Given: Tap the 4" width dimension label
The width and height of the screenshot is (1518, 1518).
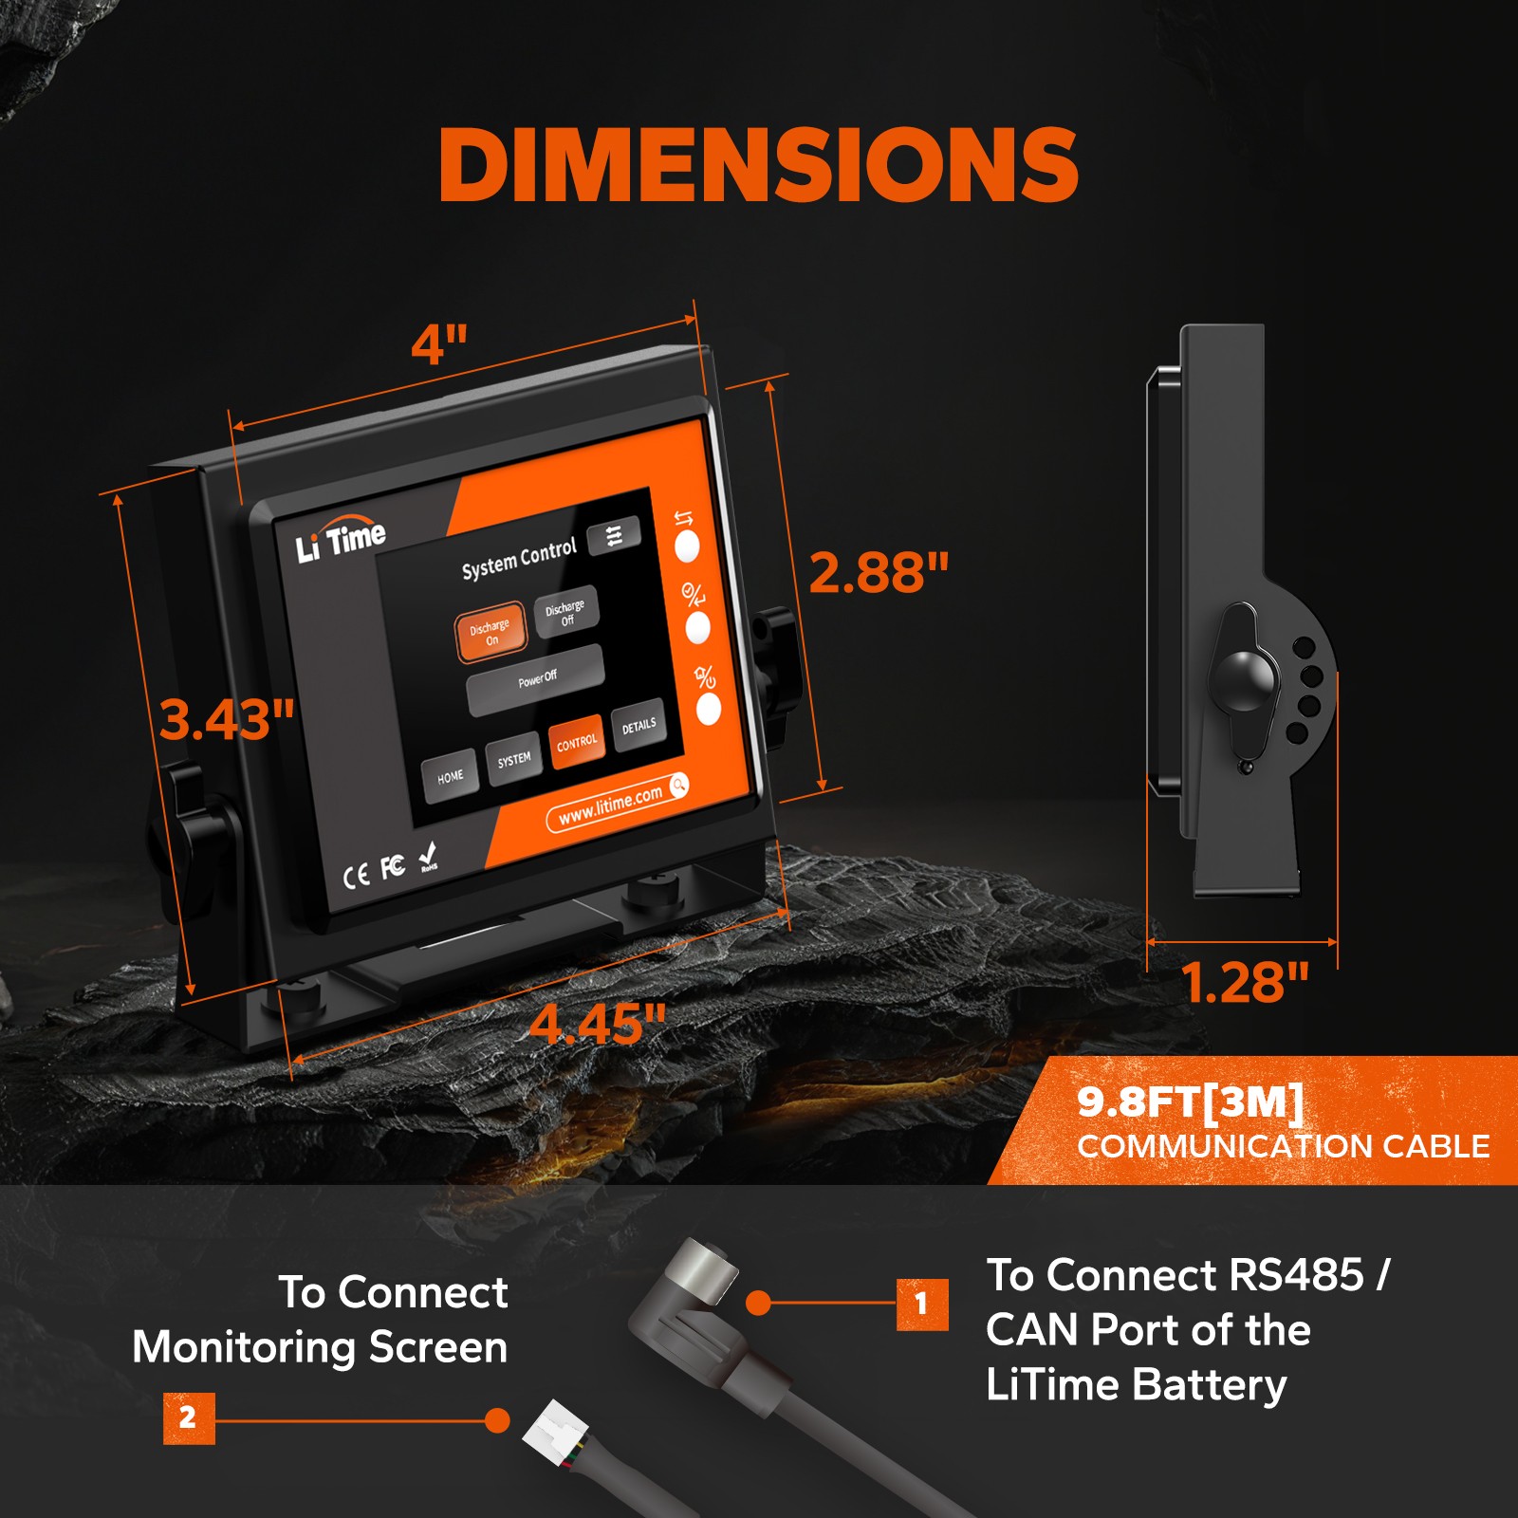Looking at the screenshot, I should (439, 343).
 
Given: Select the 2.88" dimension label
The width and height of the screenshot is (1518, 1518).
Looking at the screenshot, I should (879, 573).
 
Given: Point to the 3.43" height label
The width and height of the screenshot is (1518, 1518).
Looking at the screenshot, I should (226, 719).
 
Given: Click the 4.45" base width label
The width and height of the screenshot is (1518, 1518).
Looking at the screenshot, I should (598, 1024).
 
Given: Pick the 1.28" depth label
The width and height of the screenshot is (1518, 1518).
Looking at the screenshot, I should (1244, 983).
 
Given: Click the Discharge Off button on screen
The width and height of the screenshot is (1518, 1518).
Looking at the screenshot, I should (565, 613).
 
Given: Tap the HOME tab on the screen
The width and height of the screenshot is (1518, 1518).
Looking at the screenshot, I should (450, 777).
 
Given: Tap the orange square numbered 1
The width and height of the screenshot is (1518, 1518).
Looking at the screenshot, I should (921, 1304).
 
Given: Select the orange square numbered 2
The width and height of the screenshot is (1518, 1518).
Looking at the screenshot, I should (188, 1418).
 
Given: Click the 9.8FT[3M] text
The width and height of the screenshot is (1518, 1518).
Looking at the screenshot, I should (1190, 1102).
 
